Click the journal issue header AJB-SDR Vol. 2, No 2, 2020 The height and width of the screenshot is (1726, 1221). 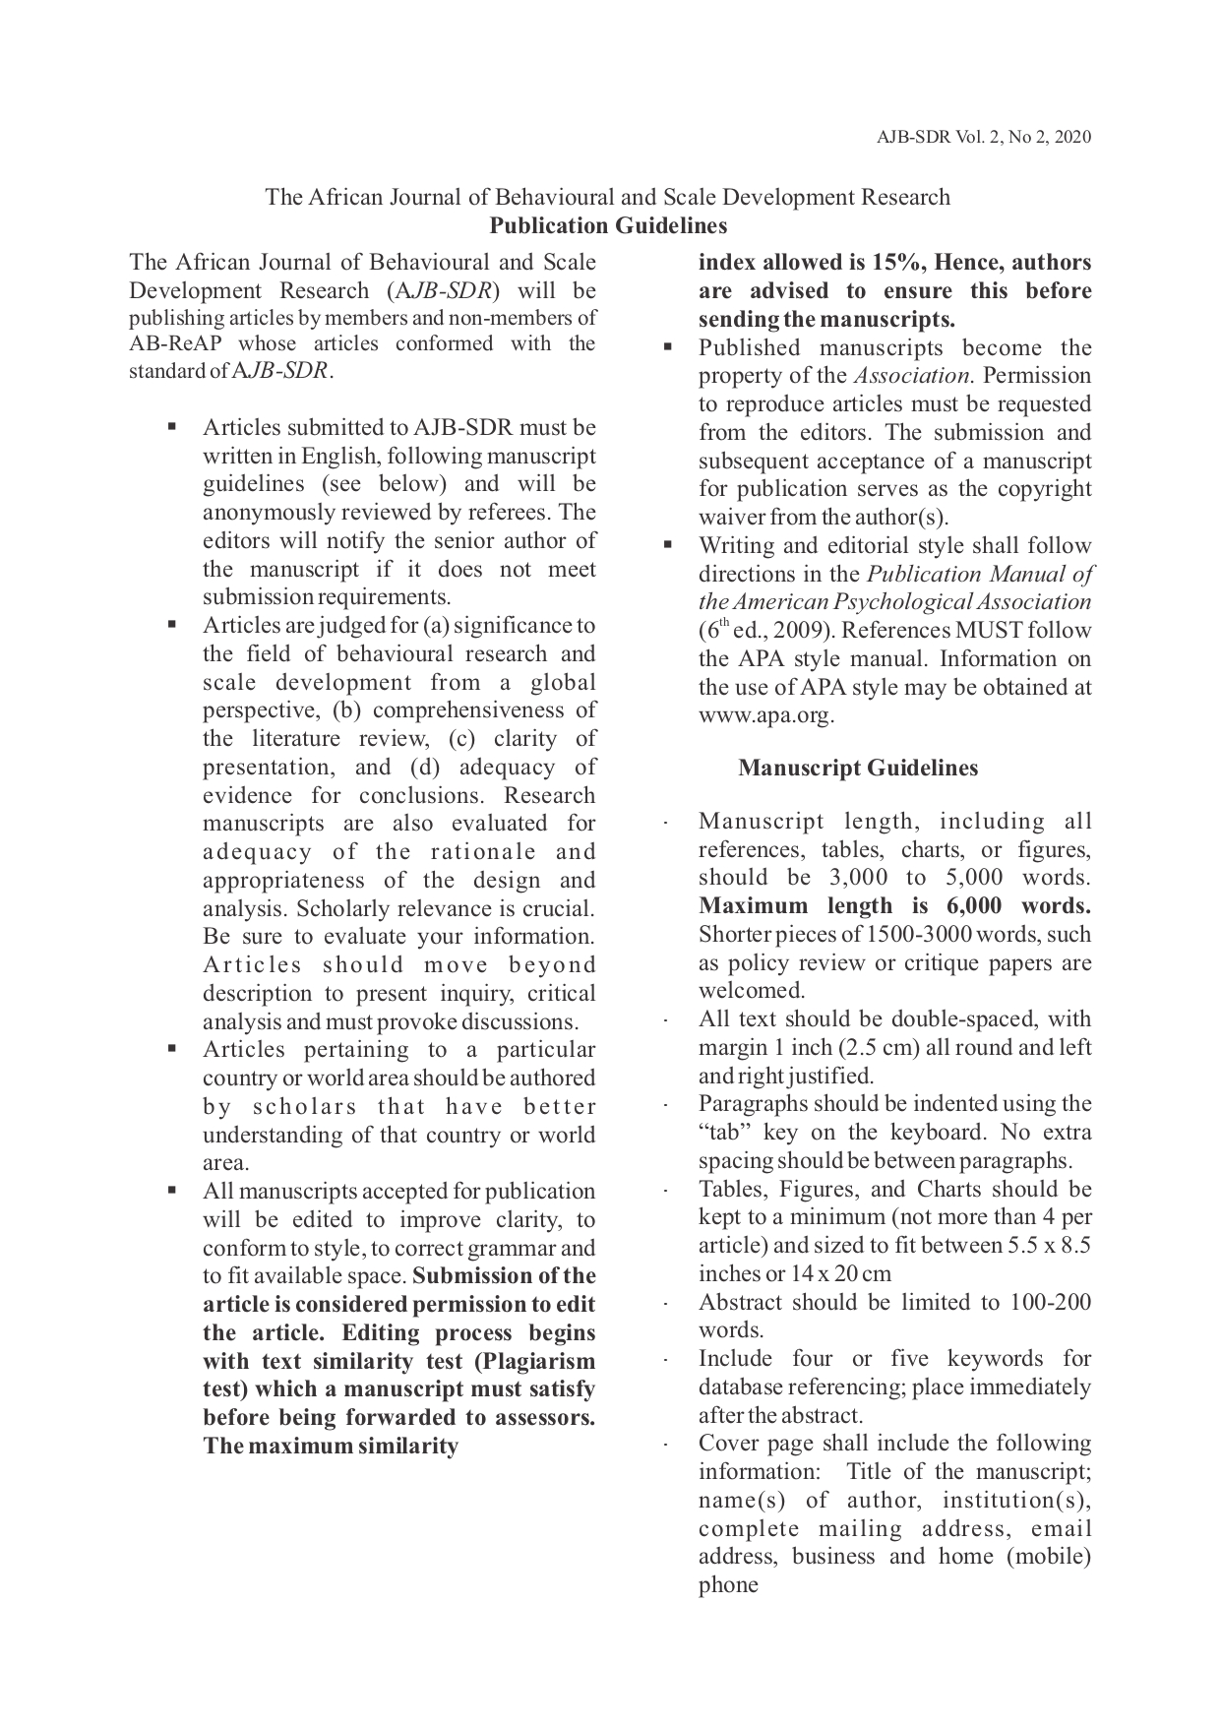click(983, 137)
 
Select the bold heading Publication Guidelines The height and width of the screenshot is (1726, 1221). click(608, 226)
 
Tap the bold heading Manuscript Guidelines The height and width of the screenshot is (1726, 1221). click(858, 769)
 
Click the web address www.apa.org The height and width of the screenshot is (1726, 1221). click(765, 715)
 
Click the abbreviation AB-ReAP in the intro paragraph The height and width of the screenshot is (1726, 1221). click(176, 343)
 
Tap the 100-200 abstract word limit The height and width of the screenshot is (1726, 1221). click(1050, 1303)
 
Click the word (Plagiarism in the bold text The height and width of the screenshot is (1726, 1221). click(537, 1362)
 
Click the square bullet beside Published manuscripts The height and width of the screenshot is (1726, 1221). click(667, 347)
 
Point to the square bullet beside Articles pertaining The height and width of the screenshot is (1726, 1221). click(171, 1050)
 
